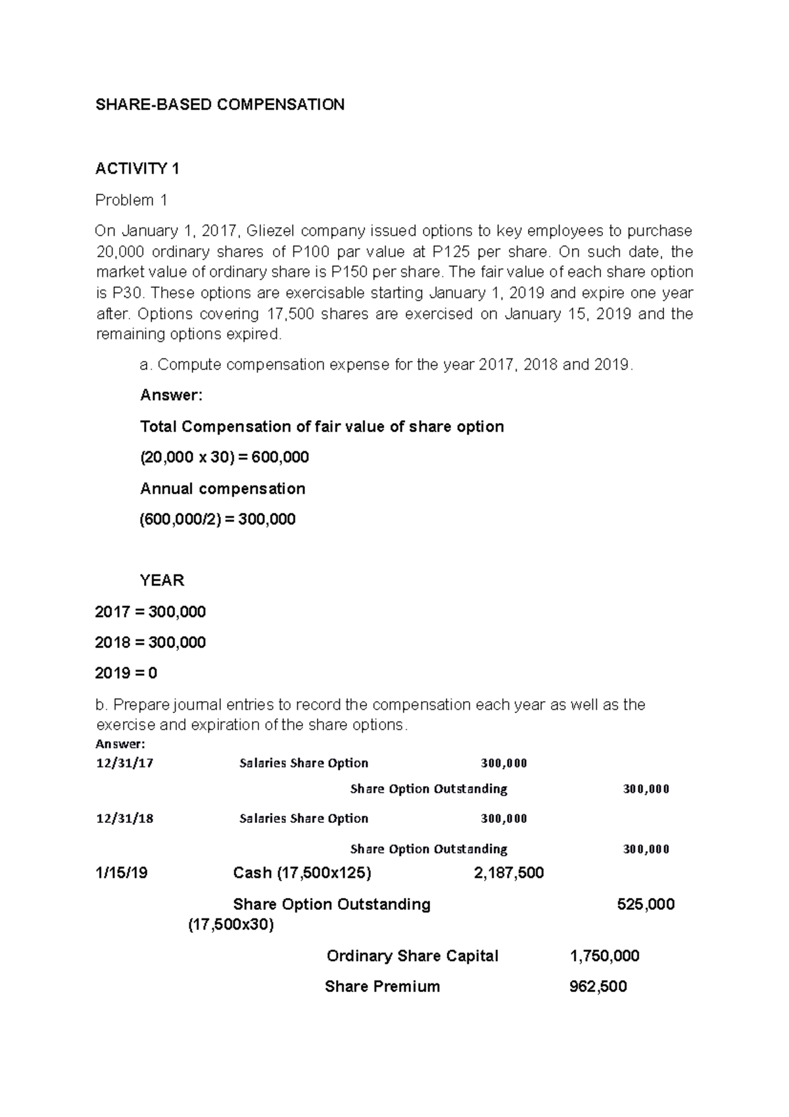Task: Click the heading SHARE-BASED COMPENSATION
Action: pyautogui.click(x=220, y=105)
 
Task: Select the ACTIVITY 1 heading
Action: pyautogui.click(x=137, y=169)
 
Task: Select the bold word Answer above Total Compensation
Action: pyautogui.click(x=172, y=395)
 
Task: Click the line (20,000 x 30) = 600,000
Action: pyautogui.click(x=224, y=457)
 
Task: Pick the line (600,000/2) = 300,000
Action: pyautogui.click(x=218, y=519)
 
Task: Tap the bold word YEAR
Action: pyautogui.click(x=162, y=580)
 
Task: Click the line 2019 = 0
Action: pyautogui.click(x=126, y=673)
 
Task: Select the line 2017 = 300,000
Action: pyautogui.click(x=151, y=612)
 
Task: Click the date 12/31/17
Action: pyautogui.click(x=124, y=763)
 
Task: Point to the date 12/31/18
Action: pyautogui.click(x=124, y=818)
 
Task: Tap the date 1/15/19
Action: pyautogui.click(x=121, y=873)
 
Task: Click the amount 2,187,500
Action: pyautogui.click(x=508, y=873)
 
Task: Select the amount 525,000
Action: pyautogui.click(x=646, y=904)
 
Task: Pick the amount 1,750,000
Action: pyautogui.click(x=604, y=955)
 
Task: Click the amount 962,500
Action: pyautogui.click(x=597, y=986)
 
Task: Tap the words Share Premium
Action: pyautogui.click(x=382, y=986)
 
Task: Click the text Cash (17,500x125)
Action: pyautogui.click(x=302, y=873)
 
